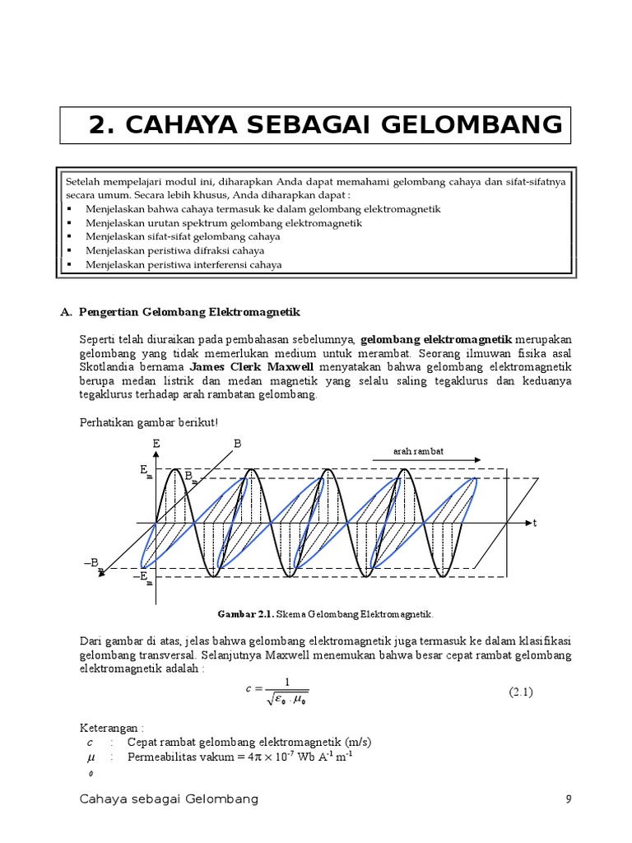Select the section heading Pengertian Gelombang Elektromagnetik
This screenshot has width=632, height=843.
[x=190, y=312]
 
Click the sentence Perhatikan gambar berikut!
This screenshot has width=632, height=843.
[x=148, y=422]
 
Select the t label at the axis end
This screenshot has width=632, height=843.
[x=534, y=524]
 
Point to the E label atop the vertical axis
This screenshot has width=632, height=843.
[x=156, y=444]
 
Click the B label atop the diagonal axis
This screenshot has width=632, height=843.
[x=238, y=444]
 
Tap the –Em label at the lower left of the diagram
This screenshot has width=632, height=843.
[x=143, y=577]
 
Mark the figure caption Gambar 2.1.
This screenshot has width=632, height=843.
[x=324, y=614]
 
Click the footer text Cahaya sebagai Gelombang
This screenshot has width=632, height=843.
[x=170, y=799]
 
